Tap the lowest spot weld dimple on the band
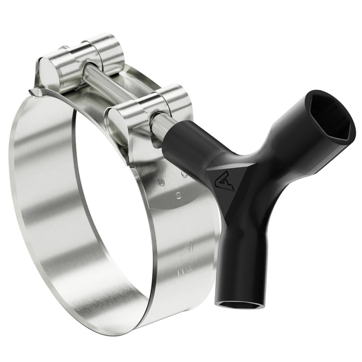pyautogui.click(x=178, y=195)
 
